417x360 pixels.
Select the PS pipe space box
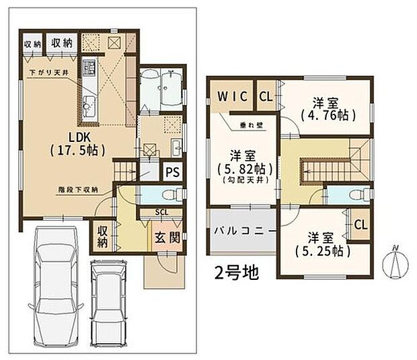[172, 172]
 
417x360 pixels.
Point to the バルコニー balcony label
[244, 230]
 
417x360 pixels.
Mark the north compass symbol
[396, 262]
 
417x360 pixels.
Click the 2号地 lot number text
[234, 273]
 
